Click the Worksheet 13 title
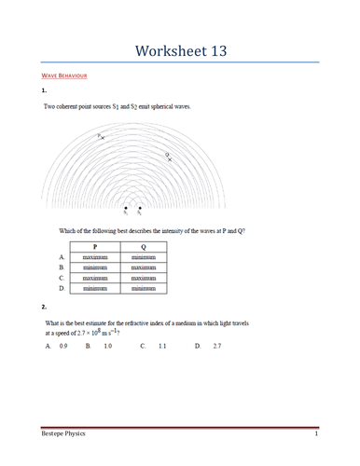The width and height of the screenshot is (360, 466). [179, 49]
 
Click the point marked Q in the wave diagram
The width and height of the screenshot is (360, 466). [169, 157]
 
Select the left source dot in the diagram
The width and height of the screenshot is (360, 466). [124, 208]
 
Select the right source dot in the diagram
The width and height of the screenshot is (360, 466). [140, 208]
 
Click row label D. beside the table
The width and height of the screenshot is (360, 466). [62, 289]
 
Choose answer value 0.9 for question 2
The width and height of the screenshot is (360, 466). [63, 346]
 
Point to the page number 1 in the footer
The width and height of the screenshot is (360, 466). [316, 435]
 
